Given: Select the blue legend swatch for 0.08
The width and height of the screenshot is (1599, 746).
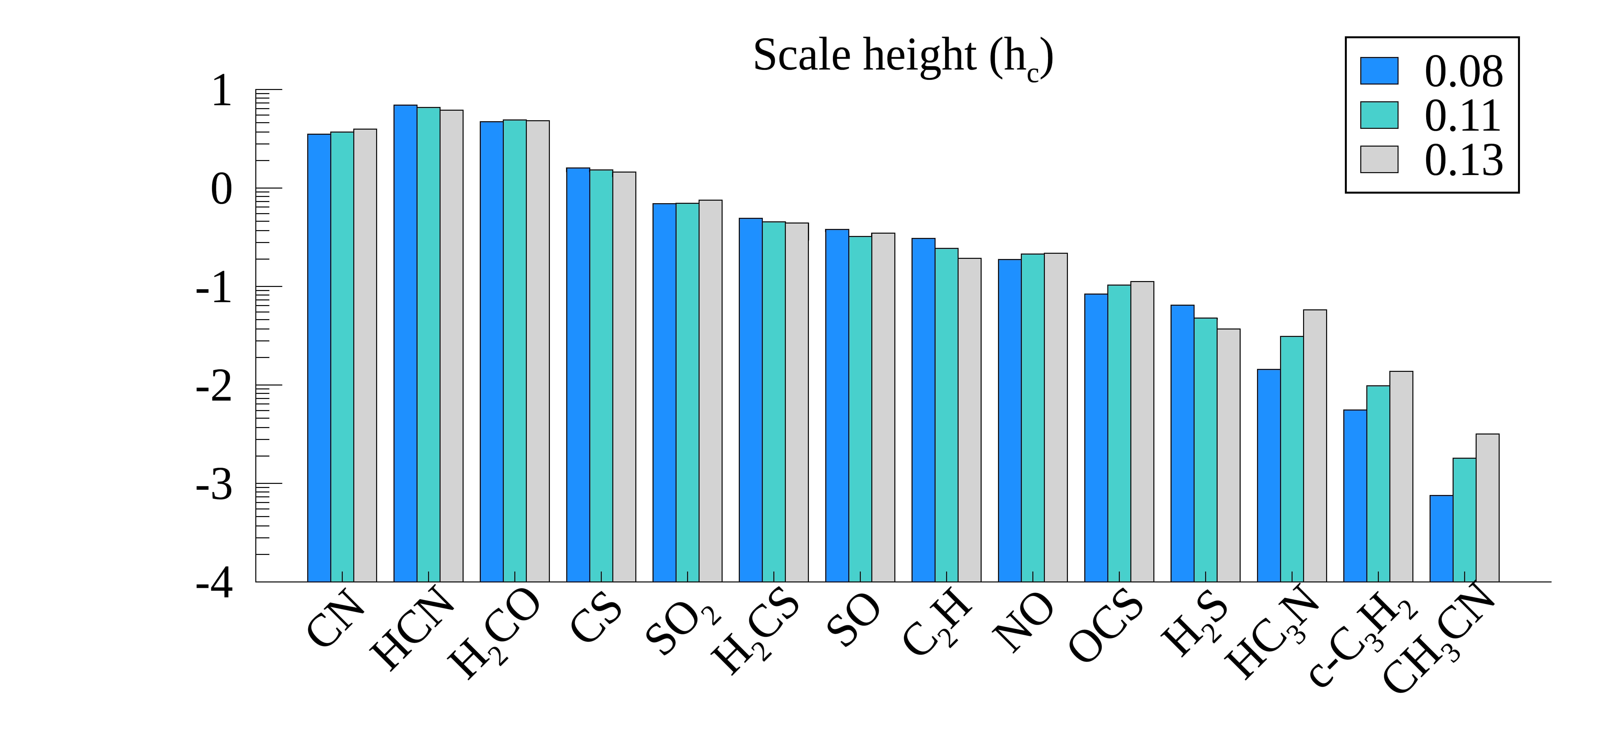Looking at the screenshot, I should click(x=1379, y=71).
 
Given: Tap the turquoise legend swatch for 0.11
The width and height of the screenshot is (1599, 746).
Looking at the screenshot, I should click(x=1379, y=115).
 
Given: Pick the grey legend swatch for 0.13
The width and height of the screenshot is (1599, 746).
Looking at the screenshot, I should click(x=1379, y=159).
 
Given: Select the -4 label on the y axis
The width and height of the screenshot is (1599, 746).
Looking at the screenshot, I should click(x=214, y=583).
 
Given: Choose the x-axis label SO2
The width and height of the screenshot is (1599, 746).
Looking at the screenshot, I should click(x=683, y=624).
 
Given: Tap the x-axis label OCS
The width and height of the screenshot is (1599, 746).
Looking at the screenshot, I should click(x=1105, y=627).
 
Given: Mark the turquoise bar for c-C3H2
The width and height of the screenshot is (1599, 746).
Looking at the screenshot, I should click(x=1378, y=484).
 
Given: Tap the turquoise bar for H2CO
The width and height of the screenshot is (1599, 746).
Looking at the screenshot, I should click(x=515, y=351).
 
